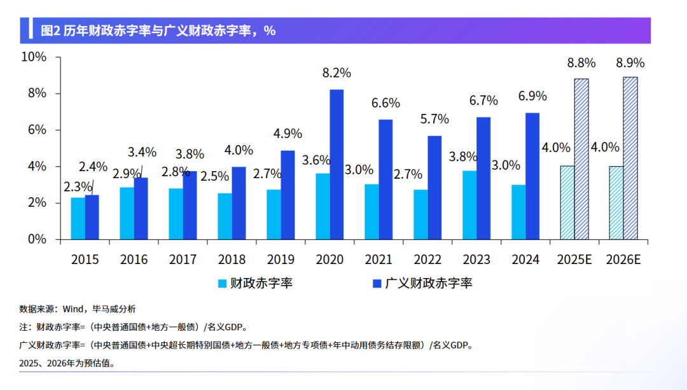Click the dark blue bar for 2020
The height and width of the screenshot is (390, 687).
(337, 165)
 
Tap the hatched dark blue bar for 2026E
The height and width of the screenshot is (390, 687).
(630, 158)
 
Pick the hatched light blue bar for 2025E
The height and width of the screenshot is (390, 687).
(567, 203)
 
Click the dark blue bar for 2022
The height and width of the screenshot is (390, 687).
(434, 188)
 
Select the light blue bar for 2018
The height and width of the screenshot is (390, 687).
(225, 216)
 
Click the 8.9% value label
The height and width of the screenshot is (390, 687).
(630, 62)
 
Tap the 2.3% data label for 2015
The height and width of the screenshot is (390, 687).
(78, 188)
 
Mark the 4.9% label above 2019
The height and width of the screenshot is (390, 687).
(288, 134)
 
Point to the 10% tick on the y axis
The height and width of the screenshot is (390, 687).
(34, 57)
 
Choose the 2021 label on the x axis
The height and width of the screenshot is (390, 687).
(378, 260)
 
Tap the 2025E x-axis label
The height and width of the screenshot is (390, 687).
(574, 260)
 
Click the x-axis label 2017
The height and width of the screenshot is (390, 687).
(183, 260)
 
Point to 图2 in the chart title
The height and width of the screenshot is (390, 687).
(50, 31)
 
